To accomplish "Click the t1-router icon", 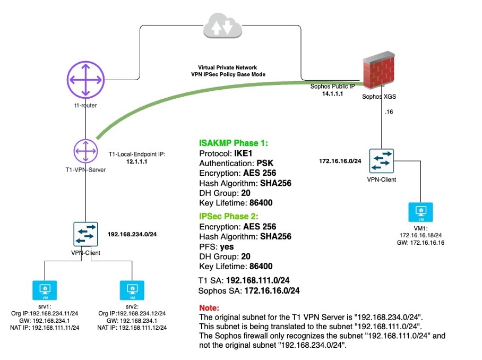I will (x=85, y=80).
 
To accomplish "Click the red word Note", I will (x=209, y=307).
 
